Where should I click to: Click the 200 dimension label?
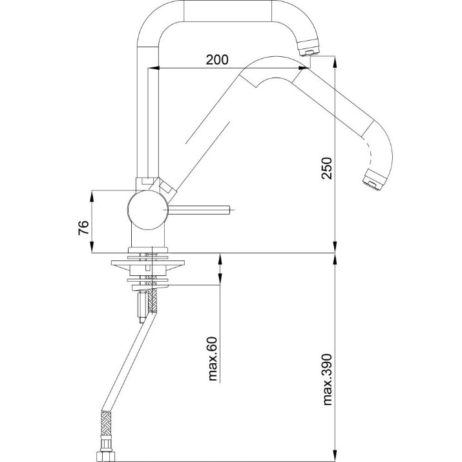(217, 60)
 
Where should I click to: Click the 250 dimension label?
(327, 168)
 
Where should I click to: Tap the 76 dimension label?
(83, 227)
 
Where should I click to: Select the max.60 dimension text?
(213, 359)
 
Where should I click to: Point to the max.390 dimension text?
(328, 379)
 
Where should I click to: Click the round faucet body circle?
(148, 210)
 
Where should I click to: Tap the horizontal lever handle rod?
(198, 210)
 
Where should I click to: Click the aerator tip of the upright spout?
(309, 49)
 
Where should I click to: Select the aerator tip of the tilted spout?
(374, 180)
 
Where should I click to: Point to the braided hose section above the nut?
(106, 423)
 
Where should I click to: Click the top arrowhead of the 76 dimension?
(92, 196)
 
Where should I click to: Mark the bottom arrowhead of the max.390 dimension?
(335, 456)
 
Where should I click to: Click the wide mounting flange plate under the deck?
(147, 263)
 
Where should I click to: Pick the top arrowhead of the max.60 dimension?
(220, 258)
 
